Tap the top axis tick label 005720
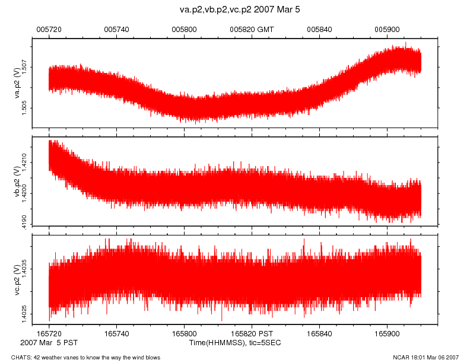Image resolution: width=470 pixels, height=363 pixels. click(49, 28)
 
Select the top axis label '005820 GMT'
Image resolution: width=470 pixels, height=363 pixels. click(252, 28)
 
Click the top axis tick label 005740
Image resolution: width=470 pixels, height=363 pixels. click(116, 28)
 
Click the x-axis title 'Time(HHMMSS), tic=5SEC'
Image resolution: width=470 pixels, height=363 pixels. click(243, 343)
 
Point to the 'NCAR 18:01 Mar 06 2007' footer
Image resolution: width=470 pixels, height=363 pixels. click(425, 357)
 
